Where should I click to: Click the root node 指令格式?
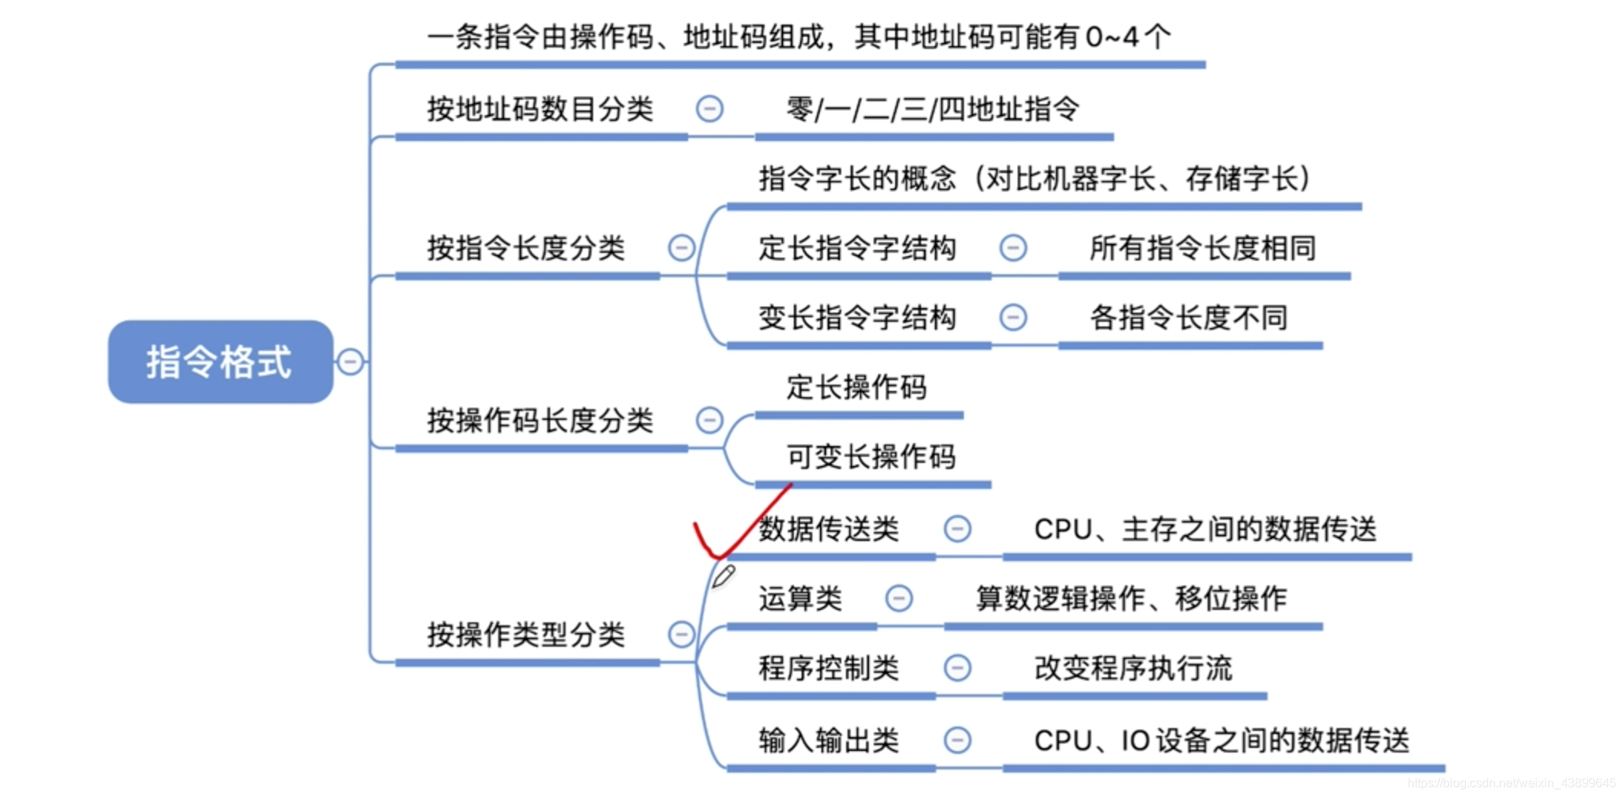point(220,362)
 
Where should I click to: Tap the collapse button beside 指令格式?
point(350,362)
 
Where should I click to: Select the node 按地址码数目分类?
point(540,110)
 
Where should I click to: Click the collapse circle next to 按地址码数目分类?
point(710,109)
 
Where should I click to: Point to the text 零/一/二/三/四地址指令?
point(933,110)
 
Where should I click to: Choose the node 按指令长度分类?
point(526,248)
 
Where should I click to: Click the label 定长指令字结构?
point(857,248)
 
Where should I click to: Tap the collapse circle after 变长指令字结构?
point(1013,317)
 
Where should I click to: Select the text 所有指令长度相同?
point(1202,248)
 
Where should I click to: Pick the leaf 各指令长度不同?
point(1189,317)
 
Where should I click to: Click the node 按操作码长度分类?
point(540,421)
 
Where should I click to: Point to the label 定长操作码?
point(857,387)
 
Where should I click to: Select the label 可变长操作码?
point(871,457)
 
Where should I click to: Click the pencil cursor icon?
point(723,576)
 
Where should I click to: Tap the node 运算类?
point(801,599)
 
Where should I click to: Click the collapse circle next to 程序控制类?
point(957,667)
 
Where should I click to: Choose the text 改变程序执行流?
point(1133,668)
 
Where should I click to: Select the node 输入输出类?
point(828,740)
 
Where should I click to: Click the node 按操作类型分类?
point(526,635)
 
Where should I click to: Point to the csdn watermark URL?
point(1511,783)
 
